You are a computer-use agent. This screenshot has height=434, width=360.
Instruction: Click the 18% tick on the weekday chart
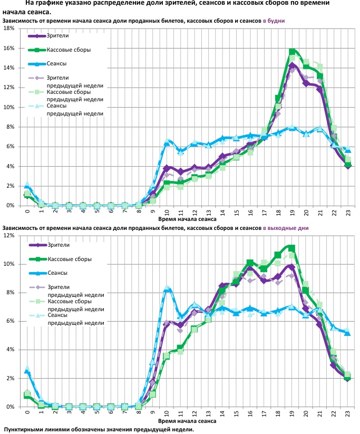(x=8, y=28)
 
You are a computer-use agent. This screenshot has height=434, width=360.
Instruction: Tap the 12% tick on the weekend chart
(x=8, y=236)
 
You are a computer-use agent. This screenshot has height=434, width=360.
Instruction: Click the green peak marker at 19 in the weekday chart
(x=292, y=52)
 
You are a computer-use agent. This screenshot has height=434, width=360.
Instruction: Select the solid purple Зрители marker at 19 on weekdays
(x=292, y=66)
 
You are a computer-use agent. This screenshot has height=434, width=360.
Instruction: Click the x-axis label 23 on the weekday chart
(x=348, y=211)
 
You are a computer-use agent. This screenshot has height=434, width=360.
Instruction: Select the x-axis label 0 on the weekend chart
(x=27, y=413)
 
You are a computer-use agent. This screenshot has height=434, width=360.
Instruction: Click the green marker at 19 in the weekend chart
(x=292, y=248)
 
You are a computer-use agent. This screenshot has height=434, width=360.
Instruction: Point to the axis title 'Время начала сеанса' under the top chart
(x=188, y=217)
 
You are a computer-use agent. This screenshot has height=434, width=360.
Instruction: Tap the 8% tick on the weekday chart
(x=9, y=127)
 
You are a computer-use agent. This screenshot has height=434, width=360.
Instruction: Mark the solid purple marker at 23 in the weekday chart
(x=348, y=166)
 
